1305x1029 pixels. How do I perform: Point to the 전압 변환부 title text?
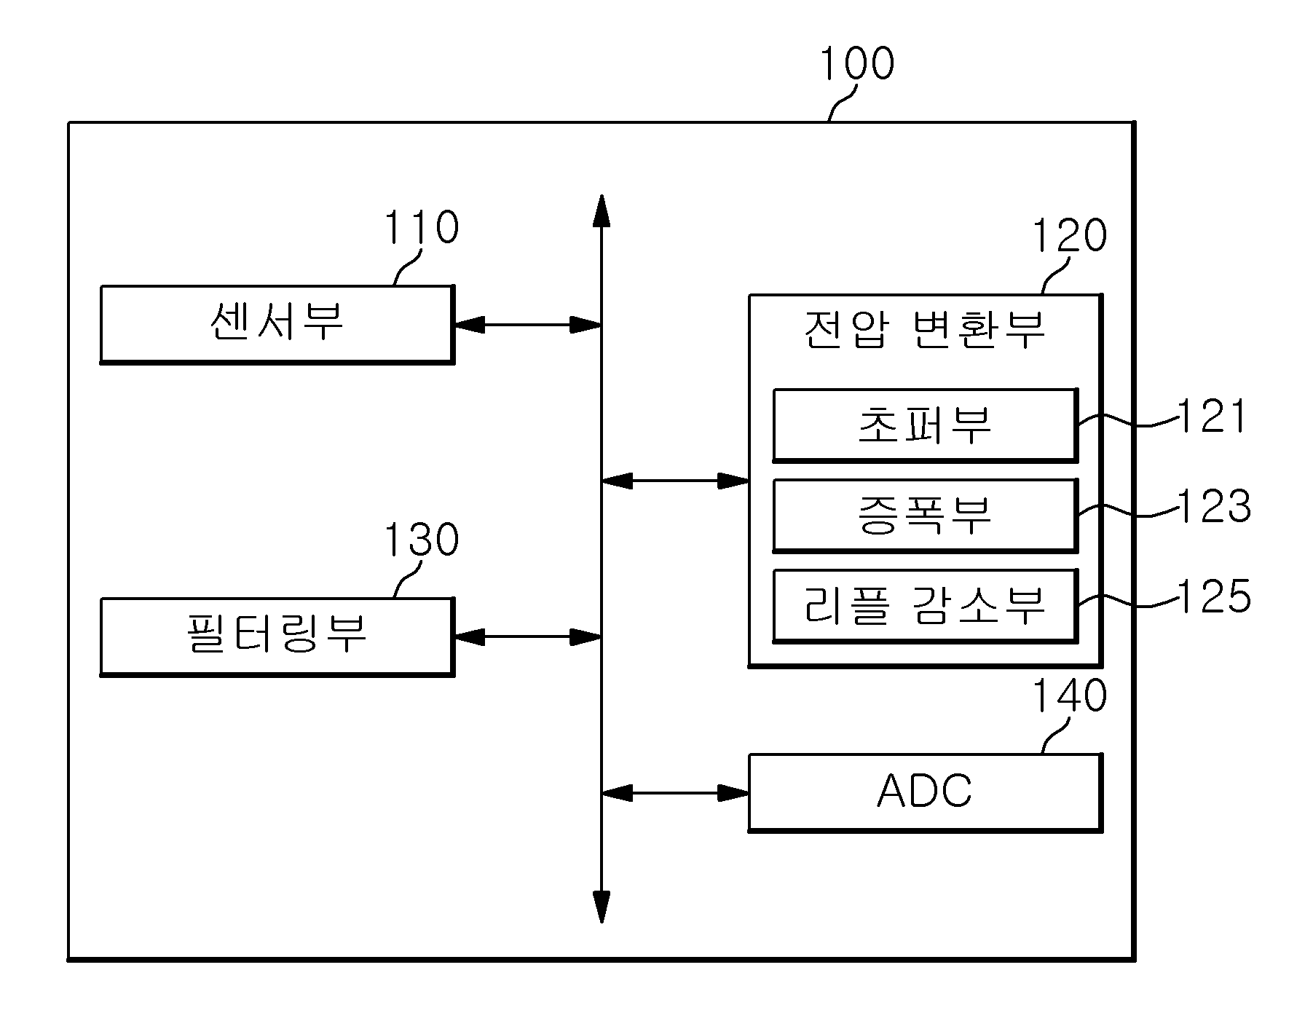925,330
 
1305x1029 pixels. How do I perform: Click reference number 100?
857,63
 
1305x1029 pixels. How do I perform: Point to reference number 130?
421,540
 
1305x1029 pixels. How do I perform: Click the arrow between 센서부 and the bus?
528,325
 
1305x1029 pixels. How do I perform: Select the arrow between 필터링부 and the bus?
528,637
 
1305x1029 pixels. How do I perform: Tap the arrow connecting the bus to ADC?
676,793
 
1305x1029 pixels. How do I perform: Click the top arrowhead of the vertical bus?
602,211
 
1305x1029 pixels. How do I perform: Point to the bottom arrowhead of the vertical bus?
602,907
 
